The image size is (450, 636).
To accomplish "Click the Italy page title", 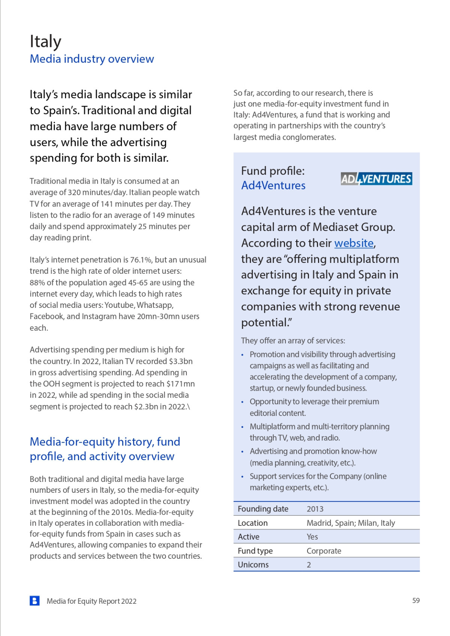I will pyautogui.click(x=45, y=41).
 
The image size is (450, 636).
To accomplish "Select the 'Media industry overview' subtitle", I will pyautogui.click(x=92, y=59).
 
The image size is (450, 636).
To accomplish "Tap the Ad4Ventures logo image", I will pyautogui.click(x=376, y=178).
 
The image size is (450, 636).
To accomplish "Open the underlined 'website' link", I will pyautogui.click(x=354, y=243).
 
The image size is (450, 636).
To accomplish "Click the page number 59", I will pyautogui.click(x=416, y=600).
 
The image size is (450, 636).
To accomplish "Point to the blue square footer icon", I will pyautogui.click(x=34, y=601).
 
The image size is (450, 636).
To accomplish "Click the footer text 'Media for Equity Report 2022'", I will pyautogui.click(x=91, y=601).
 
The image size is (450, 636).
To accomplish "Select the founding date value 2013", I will pyautogui.click(x=315, y=509).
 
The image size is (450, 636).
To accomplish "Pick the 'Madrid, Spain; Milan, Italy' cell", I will pyautogui.click(x=351, y=523).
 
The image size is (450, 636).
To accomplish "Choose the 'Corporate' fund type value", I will pyautogui.click(x=324, y=551).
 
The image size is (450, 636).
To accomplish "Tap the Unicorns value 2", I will pyautogui.click(x=309, y=565).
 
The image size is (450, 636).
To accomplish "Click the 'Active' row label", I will pyautogui.click(x=249, y=537).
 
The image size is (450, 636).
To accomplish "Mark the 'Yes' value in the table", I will pyautogui.click(x=312, y=537).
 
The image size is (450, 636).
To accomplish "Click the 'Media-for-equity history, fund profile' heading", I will pyautogui.click(x=105, y=449).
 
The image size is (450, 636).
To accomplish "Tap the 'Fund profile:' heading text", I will pyautogui.click(x=273, y=171).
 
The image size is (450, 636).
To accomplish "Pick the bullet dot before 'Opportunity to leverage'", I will pyautogui.click(x=243, y=402).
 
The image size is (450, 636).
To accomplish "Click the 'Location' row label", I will pyautogui.click(x=253, y=523).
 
